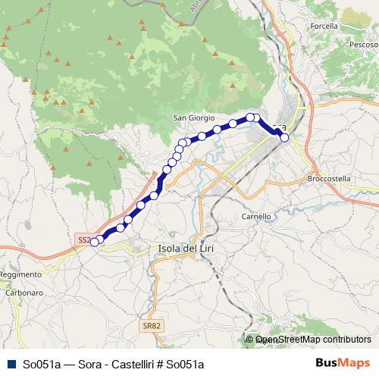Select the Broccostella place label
(330, 179)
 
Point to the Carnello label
(256, 216)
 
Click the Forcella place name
(324, 26)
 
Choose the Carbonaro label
(23, 292)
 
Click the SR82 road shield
(152, 326)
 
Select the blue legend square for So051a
(10, 364)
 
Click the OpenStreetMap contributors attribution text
(312, 340)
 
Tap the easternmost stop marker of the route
(283, 138)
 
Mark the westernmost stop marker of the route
(94, 242)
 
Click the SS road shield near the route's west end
(83, 240)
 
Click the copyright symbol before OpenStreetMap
(251, 340)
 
